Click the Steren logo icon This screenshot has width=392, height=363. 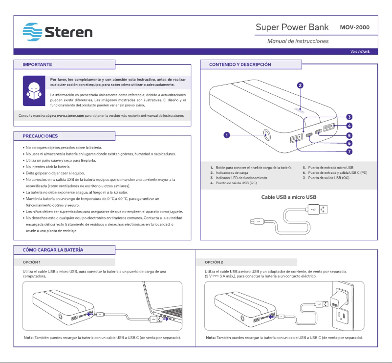pos(33,32)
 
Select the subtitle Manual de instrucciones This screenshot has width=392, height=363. pos(298,42)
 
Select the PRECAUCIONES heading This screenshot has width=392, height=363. pos(41,136)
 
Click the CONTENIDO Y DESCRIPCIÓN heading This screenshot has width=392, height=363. pos(240,64)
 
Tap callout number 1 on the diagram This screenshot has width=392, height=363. pos(227,134)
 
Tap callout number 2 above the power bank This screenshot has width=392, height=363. pos(300,85)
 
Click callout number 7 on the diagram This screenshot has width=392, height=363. pos(349,152)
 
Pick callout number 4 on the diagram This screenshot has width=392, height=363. pos(349,126)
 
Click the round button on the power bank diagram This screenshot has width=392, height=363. pos(267,134)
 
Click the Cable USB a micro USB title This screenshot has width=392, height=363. pos(289,197)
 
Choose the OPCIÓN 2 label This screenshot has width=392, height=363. pos(214,262)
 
